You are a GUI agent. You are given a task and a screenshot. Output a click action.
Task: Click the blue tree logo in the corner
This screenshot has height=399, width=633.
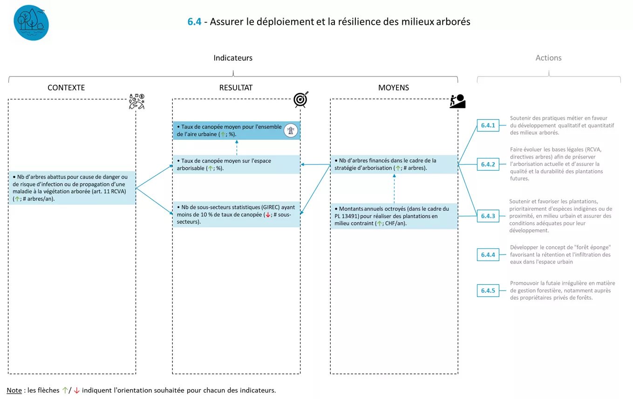31,23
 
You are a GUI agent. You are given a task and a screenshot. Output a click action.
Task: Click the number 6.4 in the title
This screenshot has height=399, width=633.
194,21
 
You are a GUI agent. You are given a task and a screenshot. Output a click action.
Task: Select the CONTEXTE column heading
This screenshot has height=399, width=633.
66,88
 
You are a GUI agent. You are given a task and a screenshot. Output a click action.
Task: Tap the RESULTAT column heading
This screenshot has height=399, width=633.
236,88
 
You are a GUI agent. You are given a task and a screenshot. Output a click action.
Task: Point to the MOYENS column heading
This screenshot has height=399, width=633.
394,88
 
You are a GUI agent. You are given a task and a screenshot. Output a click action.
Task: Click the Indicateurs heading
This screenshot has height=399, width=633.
233,58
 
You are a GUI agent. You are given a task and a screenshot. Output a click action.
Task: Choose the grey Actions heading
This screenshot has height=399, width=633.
548,58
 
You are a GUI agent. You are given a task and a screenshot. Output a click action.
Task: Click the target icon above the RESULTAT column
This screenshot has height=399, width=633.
301,100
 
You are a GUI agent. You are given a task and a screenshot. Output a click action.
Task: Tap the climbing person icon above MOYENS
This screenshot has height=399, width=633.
457,101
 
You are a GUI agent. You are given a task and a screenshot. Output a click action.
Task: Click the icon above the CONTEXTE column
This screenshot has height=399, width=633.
137,102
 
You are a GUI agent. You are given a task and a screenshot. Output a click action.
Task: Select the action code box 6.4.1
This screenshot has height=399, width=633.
488,125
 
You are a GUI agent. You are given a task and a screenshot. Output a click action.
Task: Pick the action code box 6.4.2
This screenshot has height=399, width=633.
488,164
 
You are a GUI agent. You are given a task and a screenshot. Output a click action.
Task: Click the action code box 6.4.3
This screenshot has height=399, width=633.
488,216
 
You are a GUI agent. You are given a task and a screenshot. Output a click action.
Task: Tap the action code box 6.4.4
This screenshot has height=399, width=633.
488,255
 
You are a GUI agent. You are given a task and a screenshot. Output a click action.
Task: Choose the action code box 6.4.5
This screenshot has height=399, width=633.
488,290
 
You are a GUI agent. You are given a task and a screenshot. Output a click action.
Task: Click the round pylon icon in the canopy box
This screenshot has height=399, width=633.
291,131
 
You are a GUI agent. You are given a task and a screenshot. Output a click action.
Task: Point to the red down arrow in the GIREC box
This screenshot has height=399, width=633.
268,215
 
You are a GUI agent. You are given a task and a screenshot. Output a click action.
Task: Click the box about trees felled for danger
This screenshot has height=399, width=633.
72,187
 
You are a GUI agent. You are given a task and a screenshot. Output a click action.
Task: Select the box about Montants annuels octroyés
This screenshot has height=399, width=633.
394,216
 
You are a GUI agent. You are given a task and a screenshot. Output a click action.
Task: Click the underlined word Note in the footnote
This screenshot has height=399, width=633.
14,390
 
